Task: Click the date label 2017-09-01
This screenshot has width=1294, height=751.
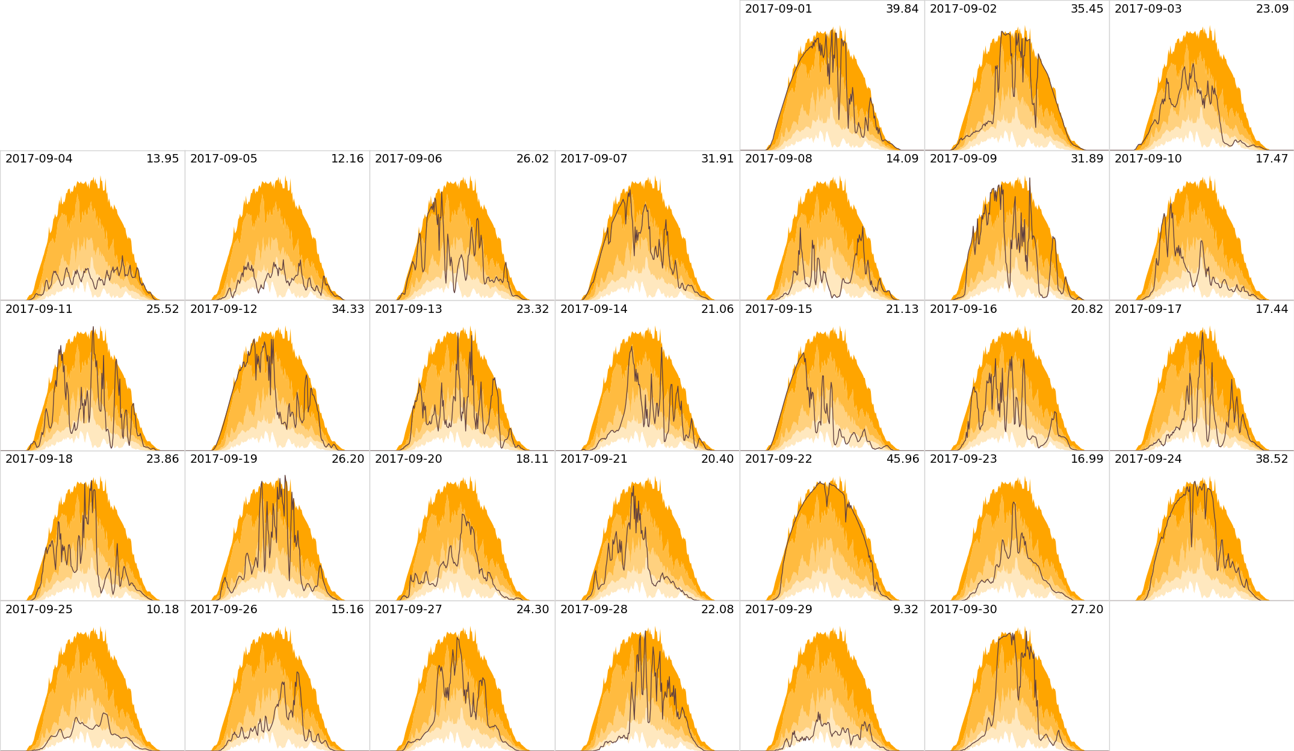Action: tap(778, 9)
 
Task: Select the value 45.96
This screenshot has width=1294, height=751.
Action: tap(902, 459)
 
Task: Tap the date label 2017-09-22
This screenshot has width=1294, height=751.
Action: tap(778, 459)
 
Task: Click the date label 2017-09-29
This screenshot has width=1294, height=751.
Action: tap(778, 610)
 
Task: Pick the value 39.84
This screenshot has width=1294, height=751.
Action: tap(902, 9)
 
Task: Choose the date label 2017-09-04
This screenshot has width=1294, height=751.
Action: tap(39, 159)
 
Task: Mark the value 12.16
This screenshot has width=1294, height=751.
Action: tap(347, 159)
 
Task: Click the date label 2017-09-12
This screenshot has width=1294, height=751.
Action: tap(223, 309)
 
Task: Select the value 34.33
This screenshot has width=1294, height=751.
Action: tap(347, 309)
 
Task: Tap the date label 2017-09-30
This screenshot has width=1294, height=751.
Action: tap(963, 610)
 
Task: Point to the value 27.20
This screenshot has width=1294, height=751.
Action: tap(1087, 610)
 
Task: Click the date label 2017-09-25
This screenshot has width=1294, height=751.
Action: tap(39, 610)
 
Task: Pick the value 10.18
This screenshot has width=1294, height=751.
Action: tap(163, 610)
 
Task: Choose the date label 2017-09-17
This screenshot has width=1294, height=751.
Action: tap(1148, 309)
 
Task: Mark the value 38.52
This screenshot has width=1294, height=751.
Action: tap(1272, 459)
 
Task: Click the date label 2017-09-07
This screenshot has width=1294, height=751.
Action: tap(593, 159)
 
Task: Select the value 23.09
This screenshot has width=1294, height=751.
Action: tap(1272, 9)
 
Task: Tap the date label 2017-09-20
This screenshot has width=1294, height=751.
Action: tap(408, 459)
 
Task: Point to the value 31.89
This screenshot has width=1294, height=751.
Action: tap(1087, 159)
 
